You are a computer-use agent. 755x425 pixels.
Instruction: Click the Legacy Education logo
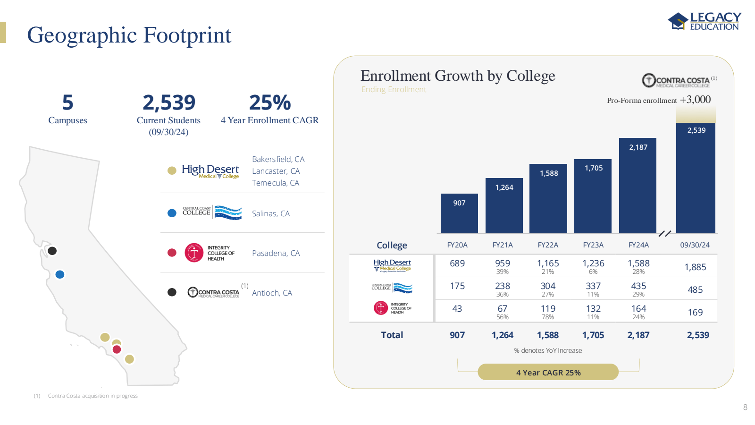(x=704, y=21)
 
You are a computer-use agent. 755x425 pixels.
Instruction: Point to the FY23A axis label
(x=593, y=245)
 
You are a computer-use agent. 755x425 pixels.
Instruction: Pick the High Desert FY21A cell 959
(x=503, y=263)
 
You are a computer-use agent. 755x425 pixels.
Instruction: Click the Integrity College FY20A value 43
(x=457, y=309)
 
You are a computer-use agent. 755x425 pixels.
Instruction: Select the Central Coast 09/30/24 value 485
(x=695, y=290)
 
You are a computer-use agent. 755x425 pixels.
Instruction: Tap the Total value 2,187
(x=638, y=335)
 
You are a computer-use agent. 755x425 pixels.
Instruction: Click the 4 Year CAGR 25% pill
(x=548, y=373)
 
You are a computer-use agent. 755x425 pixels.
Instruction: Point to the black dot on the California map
(x=52, y=251)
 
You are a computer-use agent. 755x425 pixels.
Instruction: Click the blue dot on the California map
(x=60, y=274)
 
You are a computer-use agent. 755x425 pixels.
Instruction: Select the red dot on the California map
(x=117, y=349)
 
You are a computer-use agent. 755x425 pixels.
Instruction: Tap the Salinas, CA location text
(x=271, y=214)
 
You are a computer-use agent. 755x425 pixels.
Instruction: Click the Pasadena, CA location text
(x=276, y=254)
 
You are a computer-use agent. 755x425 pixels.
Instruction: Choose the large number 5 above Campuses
(x=67, y=102)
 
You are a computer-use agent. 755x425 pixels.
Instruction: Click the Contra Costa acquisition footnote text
(x=92, y=396)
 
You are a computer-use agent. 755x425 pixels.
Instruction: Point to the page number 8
(x=745, y=407)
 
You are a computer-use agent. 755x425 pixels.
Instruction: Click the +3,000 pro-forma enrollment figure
(x=695, y=100)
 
